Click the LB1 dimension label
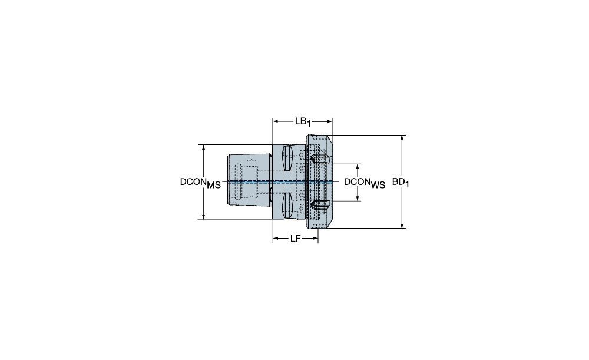[x=303, y=122]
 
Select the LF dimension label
[x=296, y=239]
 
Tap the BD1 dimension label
[x=401, y=183]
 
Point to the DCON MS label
[x=200, y=183]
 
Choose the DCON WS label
[x=365, y=183]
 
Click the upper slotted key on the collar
[x=320, y=158]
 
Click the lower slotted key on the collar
[x=320, y=205]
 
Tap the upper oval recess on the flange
[x=287, y=158]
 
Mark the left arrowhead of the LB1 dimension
[x=275, y=121]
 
